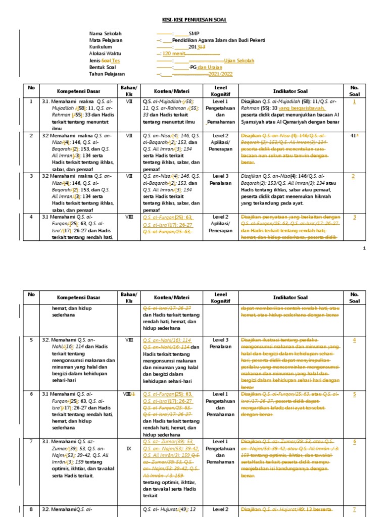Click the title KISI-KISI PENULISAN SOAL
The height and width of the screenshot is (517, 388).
194,20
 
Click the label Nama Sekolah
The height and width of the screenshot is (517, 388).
105,34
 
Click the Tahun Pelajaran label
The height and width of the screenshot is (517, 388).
108,74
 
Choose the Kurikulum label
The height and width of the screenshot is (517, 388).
101,47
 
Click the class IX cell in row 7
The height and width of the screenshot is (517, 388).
129,447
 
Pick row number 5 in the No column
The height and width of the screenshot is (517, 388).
31,340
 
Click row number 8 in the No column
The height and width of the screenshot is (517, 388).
31,509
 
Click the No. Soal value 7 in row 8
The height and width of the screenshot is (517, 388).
354,509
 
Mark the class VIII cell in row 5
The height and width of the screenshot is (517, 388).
129,340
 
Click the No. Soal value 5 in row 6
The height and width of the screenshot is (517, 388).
354,394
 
